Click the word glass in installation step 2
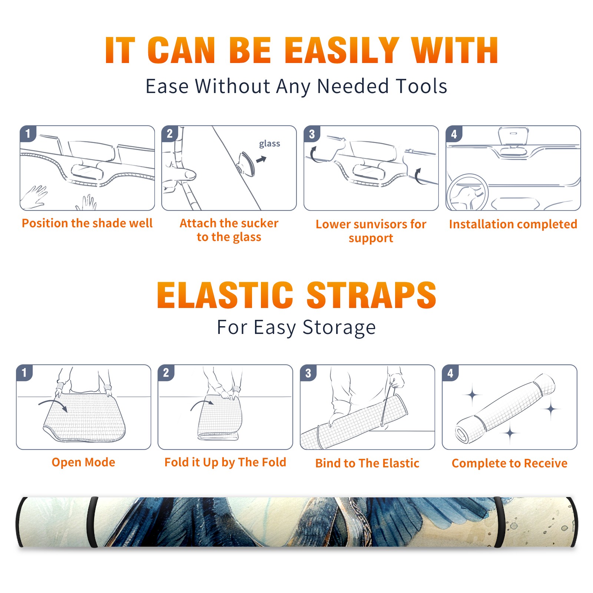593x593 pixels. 269,144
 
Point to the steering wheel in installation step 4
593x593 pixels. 467,193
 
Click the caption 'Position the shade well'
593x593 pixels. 87,223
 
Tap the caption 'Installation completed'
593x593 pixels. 513,224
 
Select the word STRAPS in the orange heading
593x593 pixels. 371,295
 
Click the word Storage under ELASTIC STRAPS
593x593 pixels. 339,328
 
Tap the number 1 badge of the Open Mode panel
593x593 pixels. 24,372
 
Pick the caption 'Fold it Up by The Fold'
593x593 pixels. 225,462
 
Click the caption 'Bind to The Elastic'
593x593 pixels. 367,463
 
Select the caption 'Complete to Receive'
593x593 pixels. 510,463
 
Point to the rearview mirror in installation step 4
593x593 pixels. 513,136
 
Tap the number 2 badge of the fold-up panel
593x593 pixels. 166,372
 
